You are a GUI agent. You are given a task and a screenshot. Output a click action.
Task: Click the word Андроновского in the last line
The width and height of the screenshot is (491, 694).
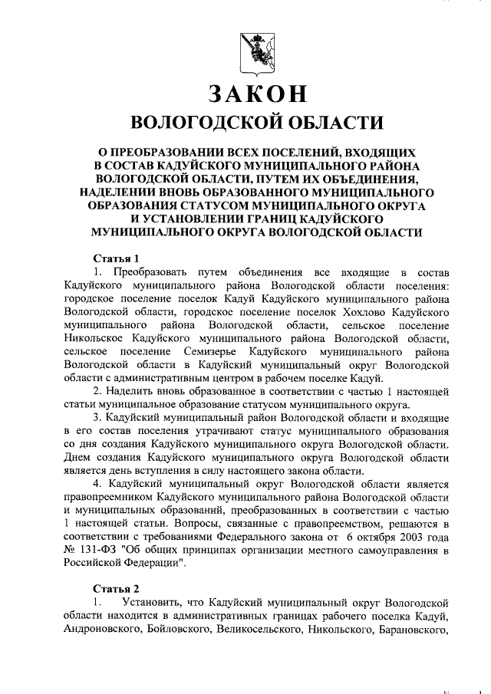(x=104, y=630)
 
